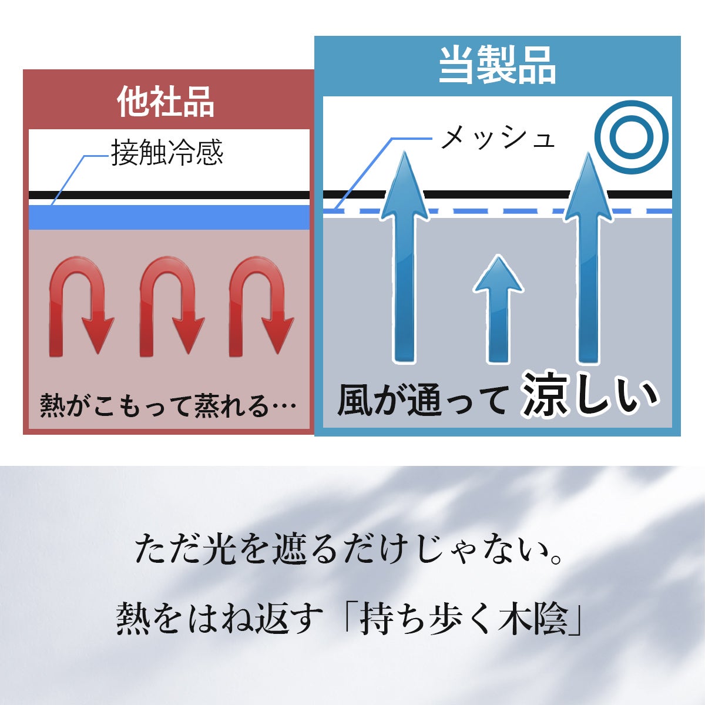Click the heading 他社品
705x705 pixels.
point(166,102)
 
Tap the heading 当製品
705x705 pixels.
point(497,65)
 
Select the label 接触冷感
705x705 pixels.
point(167,153)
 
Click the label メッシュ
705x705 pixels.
point(497,139)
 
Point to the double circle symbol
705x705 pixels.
point(631,137)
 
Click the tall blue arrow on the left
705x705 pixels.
point(404,258)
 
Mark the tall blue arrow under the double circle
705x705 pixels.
point(588,258)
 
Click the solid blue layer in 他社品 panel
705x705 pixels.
point(169,217)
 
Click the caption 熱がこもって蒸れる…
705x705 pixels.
point(167,405)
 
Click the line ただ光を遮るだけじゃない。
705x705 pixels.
point(351,549)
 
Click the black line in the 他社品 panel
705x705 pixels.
point(169,195)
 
